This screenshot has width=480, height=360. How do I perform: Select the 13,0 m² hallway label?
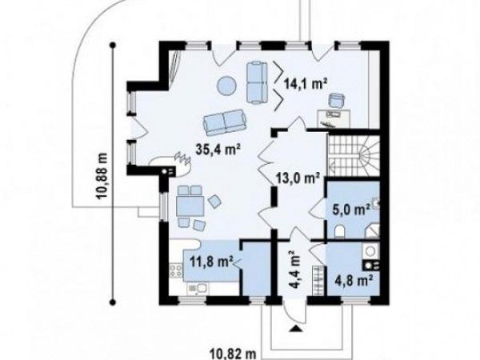[x=298, y=178]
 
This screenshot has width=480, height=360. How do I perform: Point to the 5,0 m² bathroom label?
[x=351, y=210]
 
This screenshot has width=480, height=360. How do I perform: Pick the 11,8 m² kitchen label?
[x=211, y=262]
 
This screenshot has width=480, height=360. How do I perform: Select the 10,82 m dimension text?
[x=233, y=354]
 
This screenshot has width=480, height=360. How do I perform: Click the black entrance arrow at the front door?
[x=296, y=329]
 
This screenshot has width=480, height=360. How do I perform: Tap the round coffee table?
[x=226, y=84]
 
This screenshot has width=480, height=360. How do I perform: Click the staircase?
[x=354, y=156]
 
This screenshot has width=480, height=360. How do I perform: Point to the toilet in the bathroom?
[x=340, y=231]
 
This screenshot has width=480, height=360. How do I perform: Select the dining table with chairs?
[x=190, y=207]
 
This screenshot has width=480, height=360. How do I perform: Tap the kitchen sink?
[x=198, y=289]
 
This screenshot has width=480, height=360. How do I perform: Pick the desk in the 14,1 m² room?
[x=334, y=118]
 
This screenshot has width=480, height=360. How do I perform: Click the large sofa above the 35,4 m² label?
[x=225, y=122]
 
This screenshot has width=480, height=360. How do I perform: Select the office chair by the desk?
[x=337, y=101]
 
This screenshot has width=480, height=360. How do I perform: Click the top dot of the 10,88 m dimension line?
[x=113, y=46]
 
